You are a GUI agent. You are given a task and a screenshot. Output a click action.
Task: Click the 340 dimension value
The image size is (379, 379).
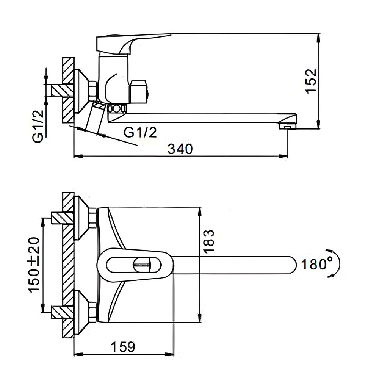[x=180, y=149]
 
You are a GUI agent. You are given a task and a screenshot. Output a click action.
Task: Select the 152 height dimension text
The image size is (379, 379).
[x=311, y=80]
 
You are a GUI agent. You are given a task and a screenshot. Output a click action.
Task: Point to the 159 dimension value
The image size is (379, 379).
[x=123, y=347]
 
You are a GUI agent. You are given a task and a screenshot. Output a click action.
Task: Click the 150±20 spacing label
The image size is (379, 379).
[x=34, y=265]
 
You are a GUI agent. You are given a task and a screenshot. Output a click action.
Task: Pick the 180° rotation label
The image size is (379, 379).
[x=317, y=264]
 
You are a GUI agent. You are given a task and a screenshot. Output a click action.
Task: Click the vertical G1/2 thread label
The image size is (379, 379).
[x=38, y=126]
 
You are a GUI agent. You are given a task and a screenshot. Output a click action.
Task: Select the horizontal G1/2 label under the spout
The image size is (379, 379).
[x=140, y=132]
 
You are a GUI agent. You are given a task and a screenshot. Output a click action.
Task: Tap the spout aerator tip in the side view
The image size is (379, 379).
[x=287, y=126]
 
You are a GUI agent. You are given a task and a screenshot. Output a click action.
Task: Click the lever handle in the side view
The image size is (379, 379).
[x=133, y=43]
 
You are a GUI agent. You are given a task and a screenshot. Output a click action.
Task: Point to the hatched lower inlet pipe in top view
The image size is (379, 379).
[x=62, y=312]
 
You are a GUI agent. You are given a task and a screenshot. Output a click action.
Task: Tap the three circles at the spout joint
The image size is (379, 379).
[x=116, y=108]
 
